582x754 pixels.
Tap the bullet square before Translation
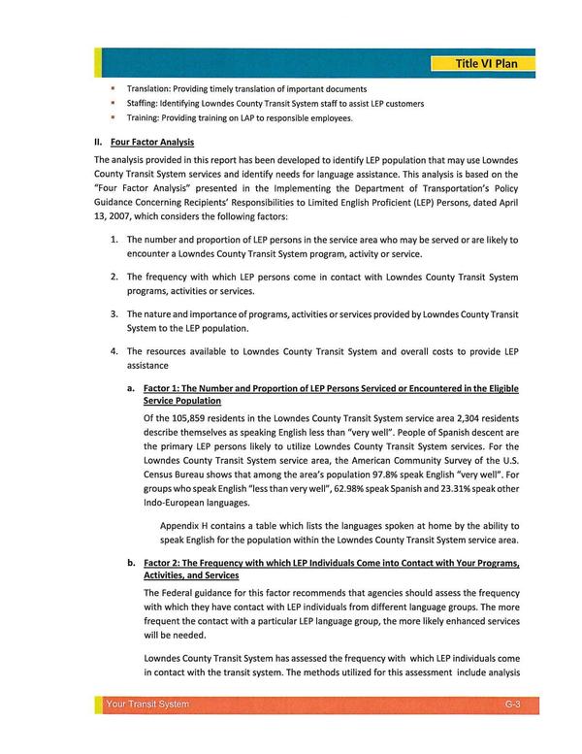113,88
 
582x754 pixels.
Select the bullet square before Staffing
113,103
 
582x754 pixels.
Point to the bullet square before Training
113,117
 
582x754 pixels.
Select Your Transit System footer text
147,704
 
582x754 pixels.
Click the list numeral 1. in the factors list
114,239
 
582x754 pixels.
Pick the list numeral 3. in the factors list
114,313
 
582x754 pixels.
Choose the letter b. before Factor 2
130,563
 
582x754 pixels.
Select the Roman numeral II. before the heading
98,142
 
